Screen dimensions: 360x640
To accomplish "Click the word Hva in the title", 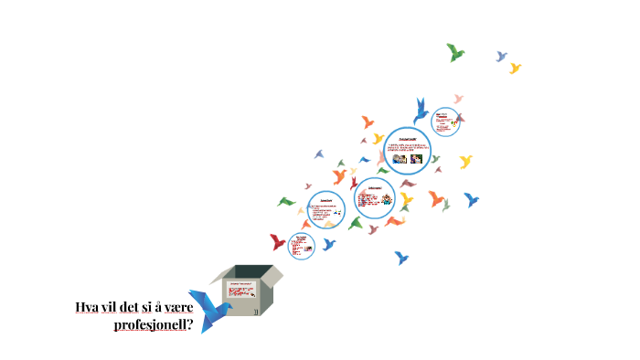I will (88, 308).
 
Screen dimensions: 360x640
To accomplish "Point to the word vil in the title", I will (112, 308).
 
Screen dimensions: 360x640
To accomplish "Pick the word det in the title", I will (133, 308).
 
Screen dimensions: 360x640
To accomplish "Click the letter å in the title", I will (162, 308).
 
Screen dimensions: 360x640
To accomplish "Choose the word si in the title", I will (151, 308).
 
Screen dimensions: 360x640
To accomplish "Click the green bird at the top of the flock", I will (455, 52).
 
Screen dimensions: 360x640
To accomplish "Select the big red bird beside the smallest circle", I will (278, 242).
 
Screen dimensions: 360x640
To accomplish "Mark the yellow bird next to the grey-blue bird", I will (515, 68).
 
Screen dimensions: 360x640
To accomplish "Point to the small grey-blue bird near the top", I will (501, 56).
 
